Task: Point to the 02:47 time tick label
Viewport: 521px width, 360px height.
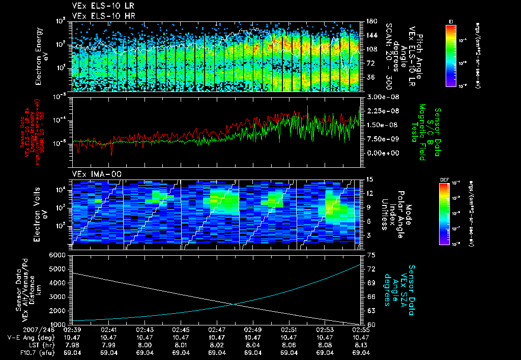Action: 217,329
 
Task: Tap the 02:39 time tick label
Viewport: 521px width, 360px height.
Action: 72,329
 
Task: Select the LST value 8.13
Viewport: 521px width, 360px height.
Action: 362,344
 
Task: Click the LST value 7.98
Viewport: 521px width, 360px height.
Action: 72,344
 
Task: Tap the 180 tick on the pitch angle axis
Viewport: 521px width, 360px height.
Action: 370,21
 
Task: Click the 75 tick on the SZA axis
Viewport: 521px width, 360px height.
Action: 370,255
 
